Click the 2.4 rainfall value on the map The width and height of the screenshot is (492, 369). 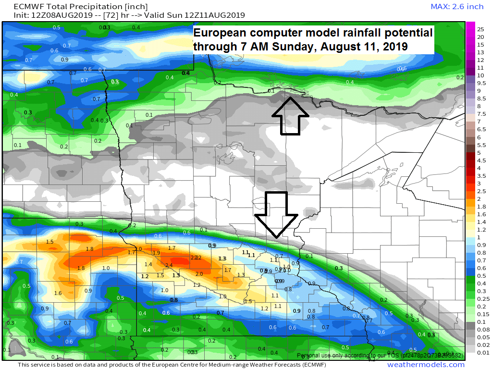pos(169,265)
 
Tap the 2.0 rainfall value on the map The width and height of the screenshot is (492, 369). pos(199,274)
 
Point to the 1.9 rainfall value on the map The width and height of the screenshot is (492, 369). pos(156,253)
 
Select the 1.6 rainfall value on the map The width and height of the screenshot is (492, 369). pos(58,293)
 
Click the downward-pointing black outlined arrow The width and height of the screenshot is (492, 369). pos(277,214)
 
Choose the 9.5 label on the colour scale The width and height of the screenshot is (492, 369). pos(481,83)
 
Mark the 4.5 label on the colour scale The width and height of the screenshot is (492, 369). pos(481,160)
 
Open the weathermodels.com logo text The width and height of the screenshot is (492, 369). pos(426,365)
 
